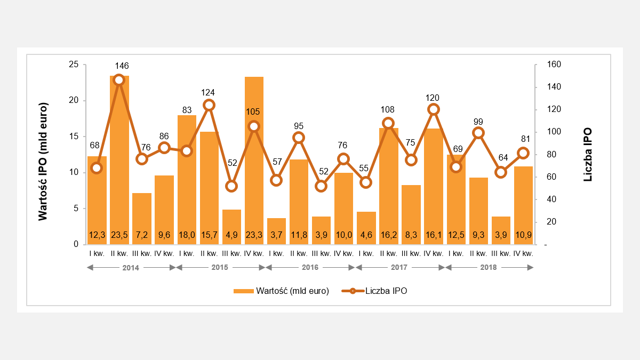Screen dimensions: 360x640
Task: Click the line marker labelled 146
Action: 119,80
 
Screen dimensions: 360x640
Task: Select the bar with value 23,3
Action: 254,160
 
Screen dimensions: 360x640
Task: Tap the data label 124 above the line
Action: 209,92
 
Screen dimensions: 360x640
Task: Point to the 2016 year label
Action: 310,267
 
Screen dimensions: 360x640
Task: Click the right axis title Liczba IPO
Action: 588,155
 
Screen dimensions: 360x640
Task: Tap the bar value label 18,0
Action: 187,235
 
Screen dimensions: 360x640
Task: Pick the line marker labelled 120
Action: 434,109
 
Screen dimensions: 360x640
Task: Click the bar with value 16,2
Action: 389,181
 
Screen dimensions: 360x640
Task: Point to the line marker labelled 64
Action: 501,172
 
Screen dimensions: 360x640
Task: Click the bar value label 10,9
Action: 523,235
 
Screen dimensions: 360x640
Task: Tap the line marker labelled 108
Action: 389,123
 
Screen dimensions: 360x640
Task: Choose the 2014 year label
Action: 131,267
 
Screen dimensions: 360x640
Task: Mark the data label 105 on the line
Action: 254,111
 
